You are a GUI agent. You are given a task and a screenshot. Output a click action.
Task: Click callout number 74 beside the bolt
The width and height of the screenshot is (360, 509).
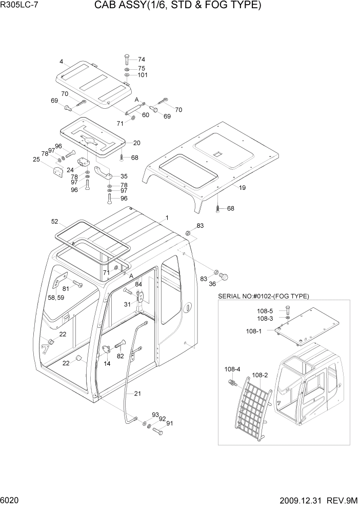141,60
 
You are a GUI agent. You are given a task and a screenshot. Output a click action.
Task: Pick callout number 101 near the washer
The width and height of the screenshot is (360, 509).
143,75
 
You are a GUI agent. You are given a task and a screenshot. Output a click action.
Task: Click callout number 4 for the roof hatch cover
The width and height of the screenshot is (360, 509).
61,62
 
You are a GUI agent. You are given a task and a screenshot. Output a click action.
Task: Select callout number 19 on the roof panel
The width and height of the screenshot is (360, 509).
242,188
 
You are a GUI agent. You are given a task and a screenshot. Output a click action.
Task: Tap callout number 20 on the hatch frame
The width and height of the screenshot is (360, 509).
136,143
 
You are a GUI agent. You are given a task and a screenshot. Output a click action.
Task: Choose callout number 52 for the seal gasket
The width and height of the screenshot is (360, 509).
54,222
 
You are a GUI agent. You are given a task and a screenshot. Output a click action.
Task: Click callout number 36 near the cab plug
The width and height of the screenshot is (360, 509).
212,286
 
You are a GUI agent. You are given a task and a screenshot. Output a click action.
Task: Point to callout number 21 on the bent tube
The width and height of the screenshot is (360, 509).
137,394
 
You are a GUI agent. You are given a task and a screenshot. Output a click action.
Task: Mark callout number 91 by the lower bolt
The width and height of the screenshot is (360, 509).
169,424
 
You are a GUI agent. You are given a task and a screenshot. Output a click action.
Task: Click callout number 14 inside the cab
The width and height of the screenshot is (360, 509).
107,363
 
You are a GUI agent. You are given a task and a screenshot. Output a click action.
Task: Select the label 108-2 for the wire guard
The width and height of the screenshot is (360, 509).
260,375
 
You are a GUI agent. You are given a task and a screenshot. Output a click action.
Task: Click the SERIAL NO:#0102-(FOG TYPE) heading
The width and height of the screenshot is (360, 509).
263,296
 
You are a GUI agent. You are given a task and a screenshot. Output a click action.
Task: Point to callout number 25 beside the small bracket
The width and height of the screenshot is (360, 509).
36,159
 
